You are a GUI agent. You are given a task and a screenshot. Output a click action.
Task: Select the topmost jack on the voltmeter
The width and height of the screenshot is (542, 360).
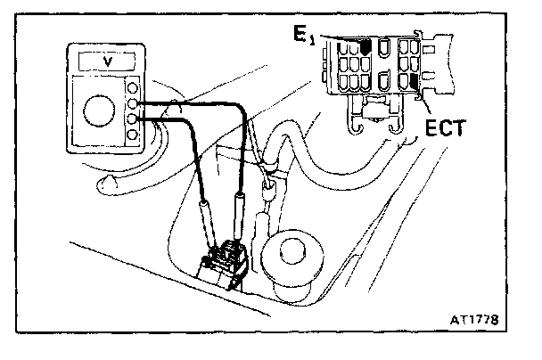133,88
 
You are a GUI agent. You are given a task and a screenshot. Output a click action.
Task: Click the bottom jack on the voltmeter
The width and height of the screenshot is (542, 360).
133,135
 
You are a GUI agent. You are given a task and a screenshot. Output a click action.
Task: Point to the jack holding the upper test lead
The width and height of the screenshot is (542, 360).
133,103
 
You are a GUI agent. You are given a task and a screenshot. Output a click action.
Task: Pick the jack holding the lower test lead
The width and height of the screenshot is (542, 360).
133,119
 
